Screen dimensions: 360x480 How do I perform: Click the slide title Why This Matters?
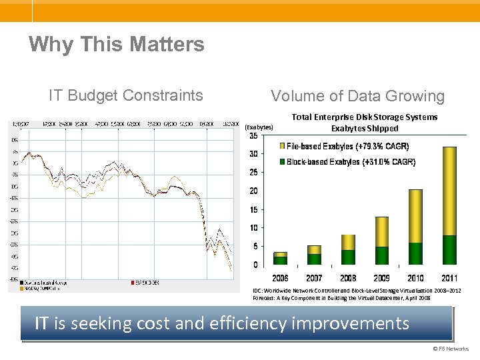click(x=117, y=45)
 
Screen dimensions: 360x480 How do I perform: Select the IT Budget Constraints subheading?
click(x=126, y=95)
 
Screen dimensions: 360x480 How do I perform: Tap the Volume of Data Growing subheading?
click(x=357, y=96)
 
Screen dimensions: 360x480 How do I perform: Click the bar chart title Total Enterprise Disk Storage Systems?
click(x=365, y=117)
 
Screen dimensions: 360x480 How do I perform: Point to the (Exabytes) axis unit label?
click(x=259, y=127)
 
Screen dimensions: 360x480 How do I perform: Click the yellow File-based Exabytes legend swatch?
click(x=283, y=146)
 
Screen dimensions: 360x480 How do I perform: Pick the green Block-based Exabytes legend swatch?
click(x=283, y=162)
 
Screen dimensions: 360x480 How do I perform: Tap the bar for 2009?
click(x=382, y=241)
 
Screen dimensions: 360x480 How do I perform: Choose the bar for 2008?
click(x=348, y=250)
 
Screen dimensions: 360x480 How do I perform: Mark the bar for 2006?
click(x=280, y=259)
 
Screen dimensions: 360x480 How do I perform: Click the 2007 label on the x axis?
click(x=314, y=277)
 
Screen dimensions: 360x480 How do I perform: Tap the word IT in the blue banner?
click(x=41, y=324)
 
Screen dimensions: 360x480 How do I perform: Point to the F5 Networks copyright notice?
click(x=451, y=349)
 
